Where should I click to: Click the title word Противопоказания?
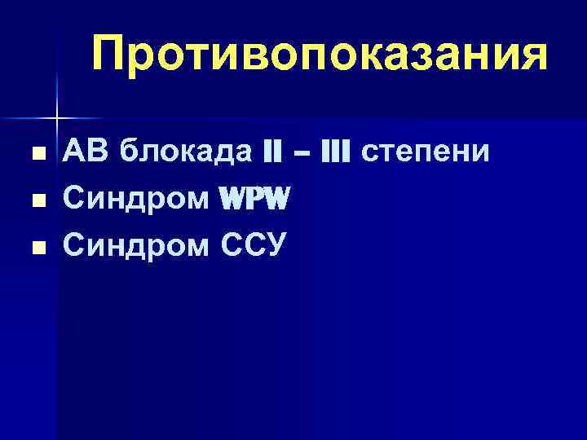coord(319,53)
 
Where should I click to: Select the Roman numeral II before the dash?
coord(271,152)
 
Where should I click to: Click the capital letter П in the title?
coord(111,53)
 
